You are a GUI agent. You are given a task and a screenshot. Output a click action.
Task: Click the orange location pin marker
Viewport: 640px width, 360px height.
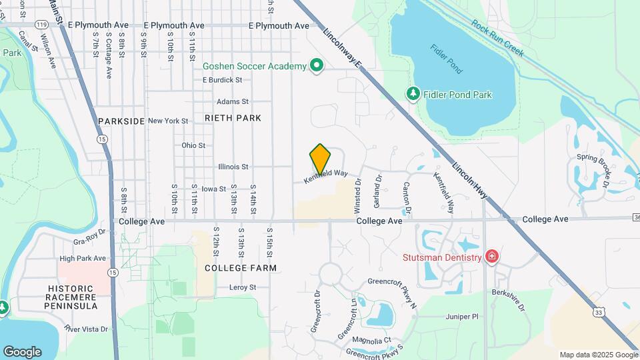coord(321,159)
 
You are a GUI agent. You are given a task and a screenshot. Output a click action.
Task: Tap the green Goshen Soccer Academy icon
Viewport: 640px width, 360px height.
coord(317,66)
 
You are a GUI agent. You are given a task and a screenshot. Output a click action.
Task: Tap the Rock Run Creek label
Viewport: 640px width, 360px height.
coord(498,36)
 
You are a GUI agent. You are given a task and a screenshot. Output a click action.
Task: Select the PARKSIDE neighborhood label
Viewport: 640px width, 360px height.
coord(121,121)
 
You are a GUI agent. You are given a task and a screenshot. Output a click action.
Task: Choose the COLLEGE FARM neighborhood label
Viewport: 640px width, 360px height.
coord(240,267)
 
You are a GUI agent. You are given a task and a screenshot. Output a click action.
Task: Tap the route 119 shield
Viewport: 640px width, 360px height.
coord(42,25)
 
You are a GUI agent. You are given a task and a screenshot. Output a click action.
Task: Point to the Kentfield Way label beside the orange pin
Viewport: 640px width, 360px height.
coord(327,177)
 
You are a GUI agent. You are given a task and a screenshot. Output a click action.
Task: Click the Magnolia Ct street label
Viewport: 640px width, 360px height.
coord(372,341)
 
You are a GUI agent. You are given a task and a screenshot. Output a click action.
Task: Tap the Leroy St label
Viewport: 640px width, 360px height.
coord(243,287)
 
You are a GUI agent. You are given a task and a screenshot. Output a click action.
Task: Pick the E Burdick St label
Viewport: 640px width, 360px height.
coord(222,80)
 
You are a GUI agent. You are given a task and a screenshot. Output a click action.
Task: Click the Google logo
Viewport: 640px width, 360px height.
coord(22,351)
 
